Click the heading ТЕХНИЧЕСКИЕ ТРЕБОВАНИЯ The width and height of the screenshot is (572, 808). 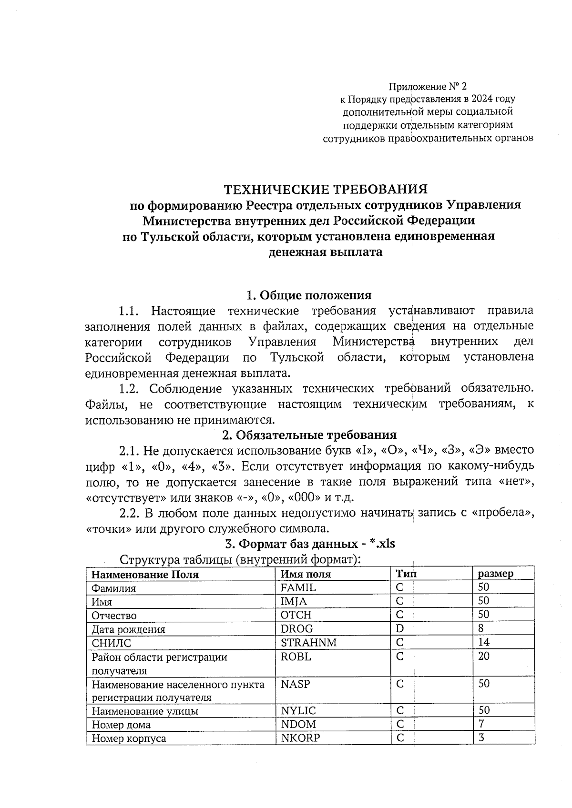[326, 190]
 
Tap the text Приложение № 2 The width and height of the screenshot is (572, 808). [428, 87]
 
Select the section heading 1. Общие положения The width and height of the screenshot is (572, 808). [308, 295]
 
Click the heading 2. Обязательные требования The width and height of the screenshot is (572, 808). [309, 435]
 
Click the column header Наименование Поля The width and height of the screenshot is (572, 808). [145, 574]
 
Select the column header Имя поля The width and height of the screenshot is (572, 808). [306, 574]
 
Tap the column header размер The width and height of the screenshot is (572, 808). [496, 574]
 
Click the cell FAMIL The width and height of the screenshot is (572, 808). [298, 587]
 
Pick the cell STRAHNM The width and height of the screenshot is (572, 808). [308, 642]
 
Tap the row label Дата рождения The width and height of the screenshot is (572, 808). [128, 629]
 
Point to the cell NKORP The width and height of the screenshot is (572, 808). [300, 738]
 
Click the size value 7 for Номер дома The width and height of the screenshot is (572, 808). [481, 724]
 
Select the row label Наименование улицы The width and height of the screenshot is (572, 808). [145, 711]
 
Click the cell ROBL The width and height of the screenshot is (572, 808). [296, 656]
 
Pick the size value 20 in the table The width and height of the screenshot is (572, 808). [484, 656]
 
